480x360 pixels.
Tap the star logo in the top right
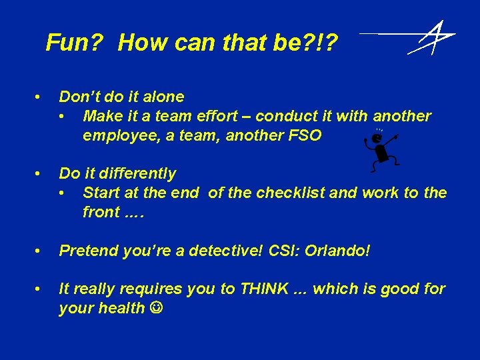pyautogui.click(x=432, y=38)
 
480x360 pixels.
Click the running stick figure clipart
pyautogui.click(x=380, y=149)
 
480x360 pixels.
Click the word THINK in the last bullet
pyautogui.click(x=264, y=289)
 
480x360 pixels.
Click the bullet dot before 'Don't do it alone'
pyautogui.click(x=41, y=97)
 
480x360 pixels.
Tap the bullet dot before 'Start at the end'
pyautogui.click(x=63, y=193)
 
